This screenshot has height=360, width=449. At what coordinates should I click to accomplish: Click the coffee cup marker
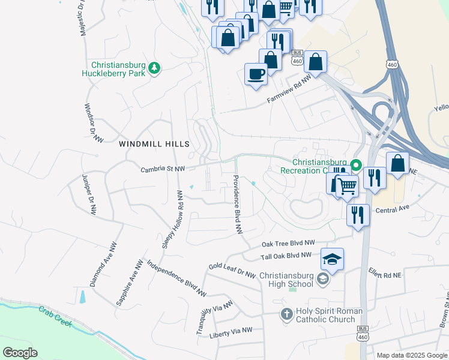(256, 74)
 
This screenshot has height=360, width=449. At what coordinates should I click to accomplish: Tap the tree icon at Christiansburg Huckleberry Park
(155, 68)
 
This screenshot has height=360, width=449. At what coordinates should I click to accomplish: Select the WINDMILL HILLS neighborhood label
(154, 144)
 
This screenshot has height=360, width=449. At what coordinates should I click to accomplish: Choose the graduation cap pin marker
(332, 259)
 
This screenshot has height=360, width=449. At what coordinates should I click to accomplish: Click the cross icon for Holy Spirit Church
(287, 314)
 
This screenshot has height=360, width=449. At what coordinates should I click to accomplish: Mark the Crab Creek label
(55, 317)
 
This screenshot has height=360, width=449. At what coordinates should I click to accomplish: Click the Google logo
(20, 353)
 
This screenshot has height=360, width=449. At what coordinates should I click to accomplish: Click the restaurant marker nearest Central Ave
(358, 215)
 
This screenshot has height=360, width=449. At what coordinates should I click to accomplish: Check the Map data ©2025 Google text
(411, 355)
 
